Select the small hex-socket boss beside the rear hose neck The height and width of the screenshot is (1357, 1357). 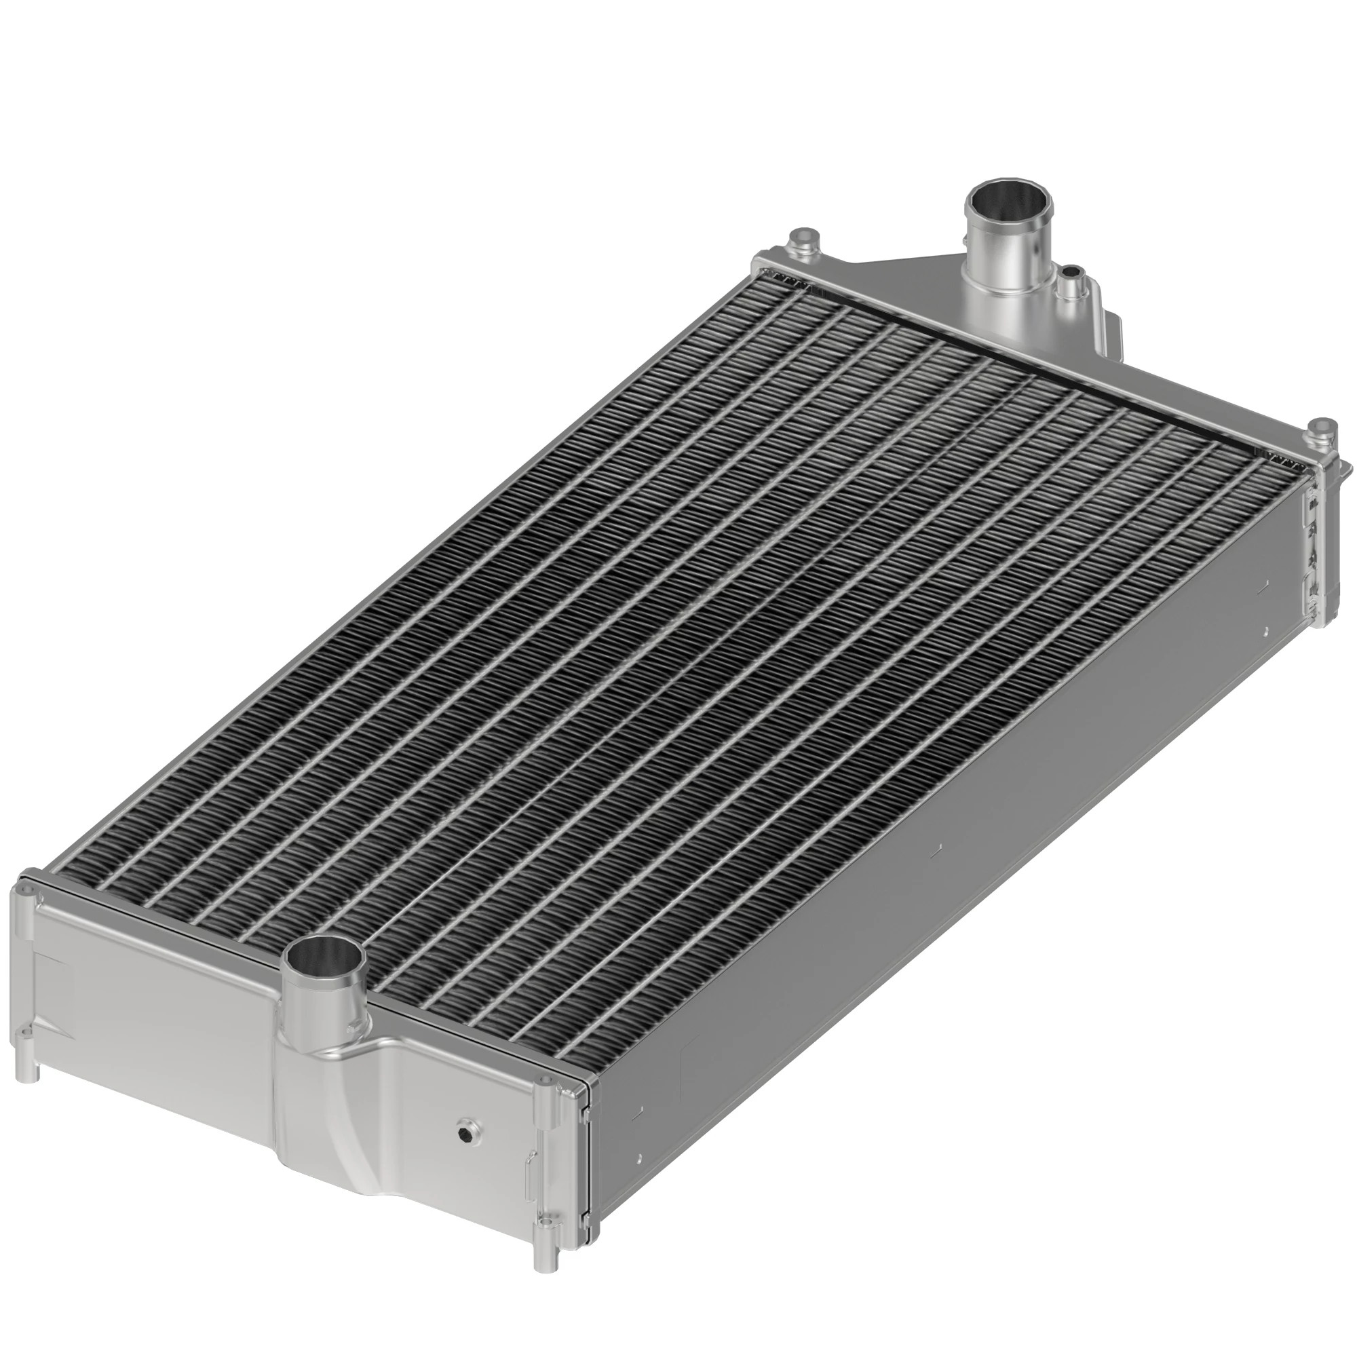point(1070,273)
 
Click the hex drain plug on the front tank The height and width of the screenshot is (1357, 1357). point(465,1153)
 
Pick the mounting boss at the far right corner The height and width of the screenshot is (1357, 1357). point(1323,427)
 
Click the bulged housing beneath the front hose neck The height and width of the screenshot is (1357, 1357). point(330,1124)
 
